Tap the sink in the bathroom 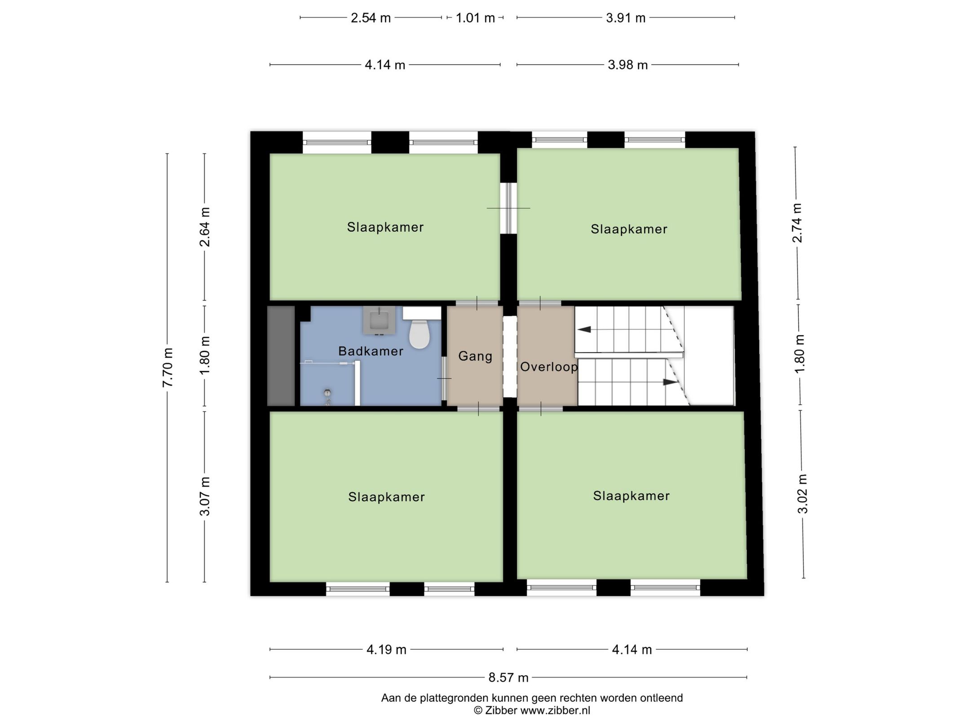(379, 320)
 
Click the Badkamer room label (370, 351)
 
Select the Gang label (475, 356)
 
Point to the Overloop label (549, 367)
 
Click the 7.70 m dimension (168, 367)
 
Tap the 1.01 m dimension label (475, 18)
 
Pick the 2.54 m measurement (370, 18)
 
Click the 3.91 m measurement (626, 18)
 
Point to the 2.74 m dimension (797, 223)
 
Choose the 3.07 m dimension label (205, 496)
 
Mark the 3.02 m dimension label (802, 494)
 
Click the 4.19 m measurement (386, 649)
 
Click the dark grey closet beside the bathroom (281, 356)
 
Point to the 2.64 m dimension (205, 227)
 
